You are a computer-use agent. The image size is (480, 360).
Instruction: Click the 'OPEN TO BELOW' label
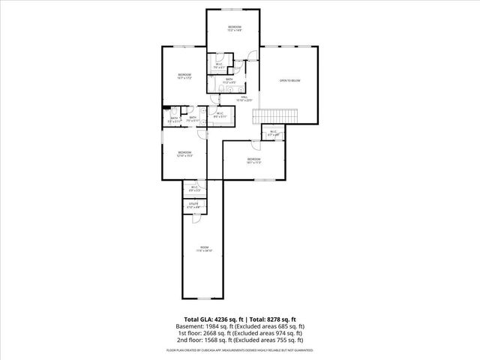coord(290,80)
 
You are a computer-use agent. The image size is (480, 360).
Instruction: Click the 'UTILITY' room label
coord(192,203)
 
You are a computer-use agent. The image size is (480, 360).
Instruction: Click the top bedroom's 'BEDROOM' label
coord(234,27)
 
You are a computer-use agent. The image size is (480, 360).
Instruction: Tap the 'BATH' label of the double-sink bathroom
coord(229,79)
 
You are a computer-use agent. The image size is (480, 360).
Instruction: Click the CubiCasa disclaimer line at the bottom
coord(240,349)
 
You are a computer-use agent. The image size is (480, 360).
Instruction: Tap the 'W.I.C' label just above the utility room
coord(194,187)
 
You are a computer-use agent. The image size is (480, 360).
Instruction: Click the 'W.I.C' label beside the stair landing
coord(273,132)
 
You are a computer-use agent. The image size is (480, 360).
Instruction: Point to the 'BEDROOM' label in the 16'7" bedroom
coord(184,74)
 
